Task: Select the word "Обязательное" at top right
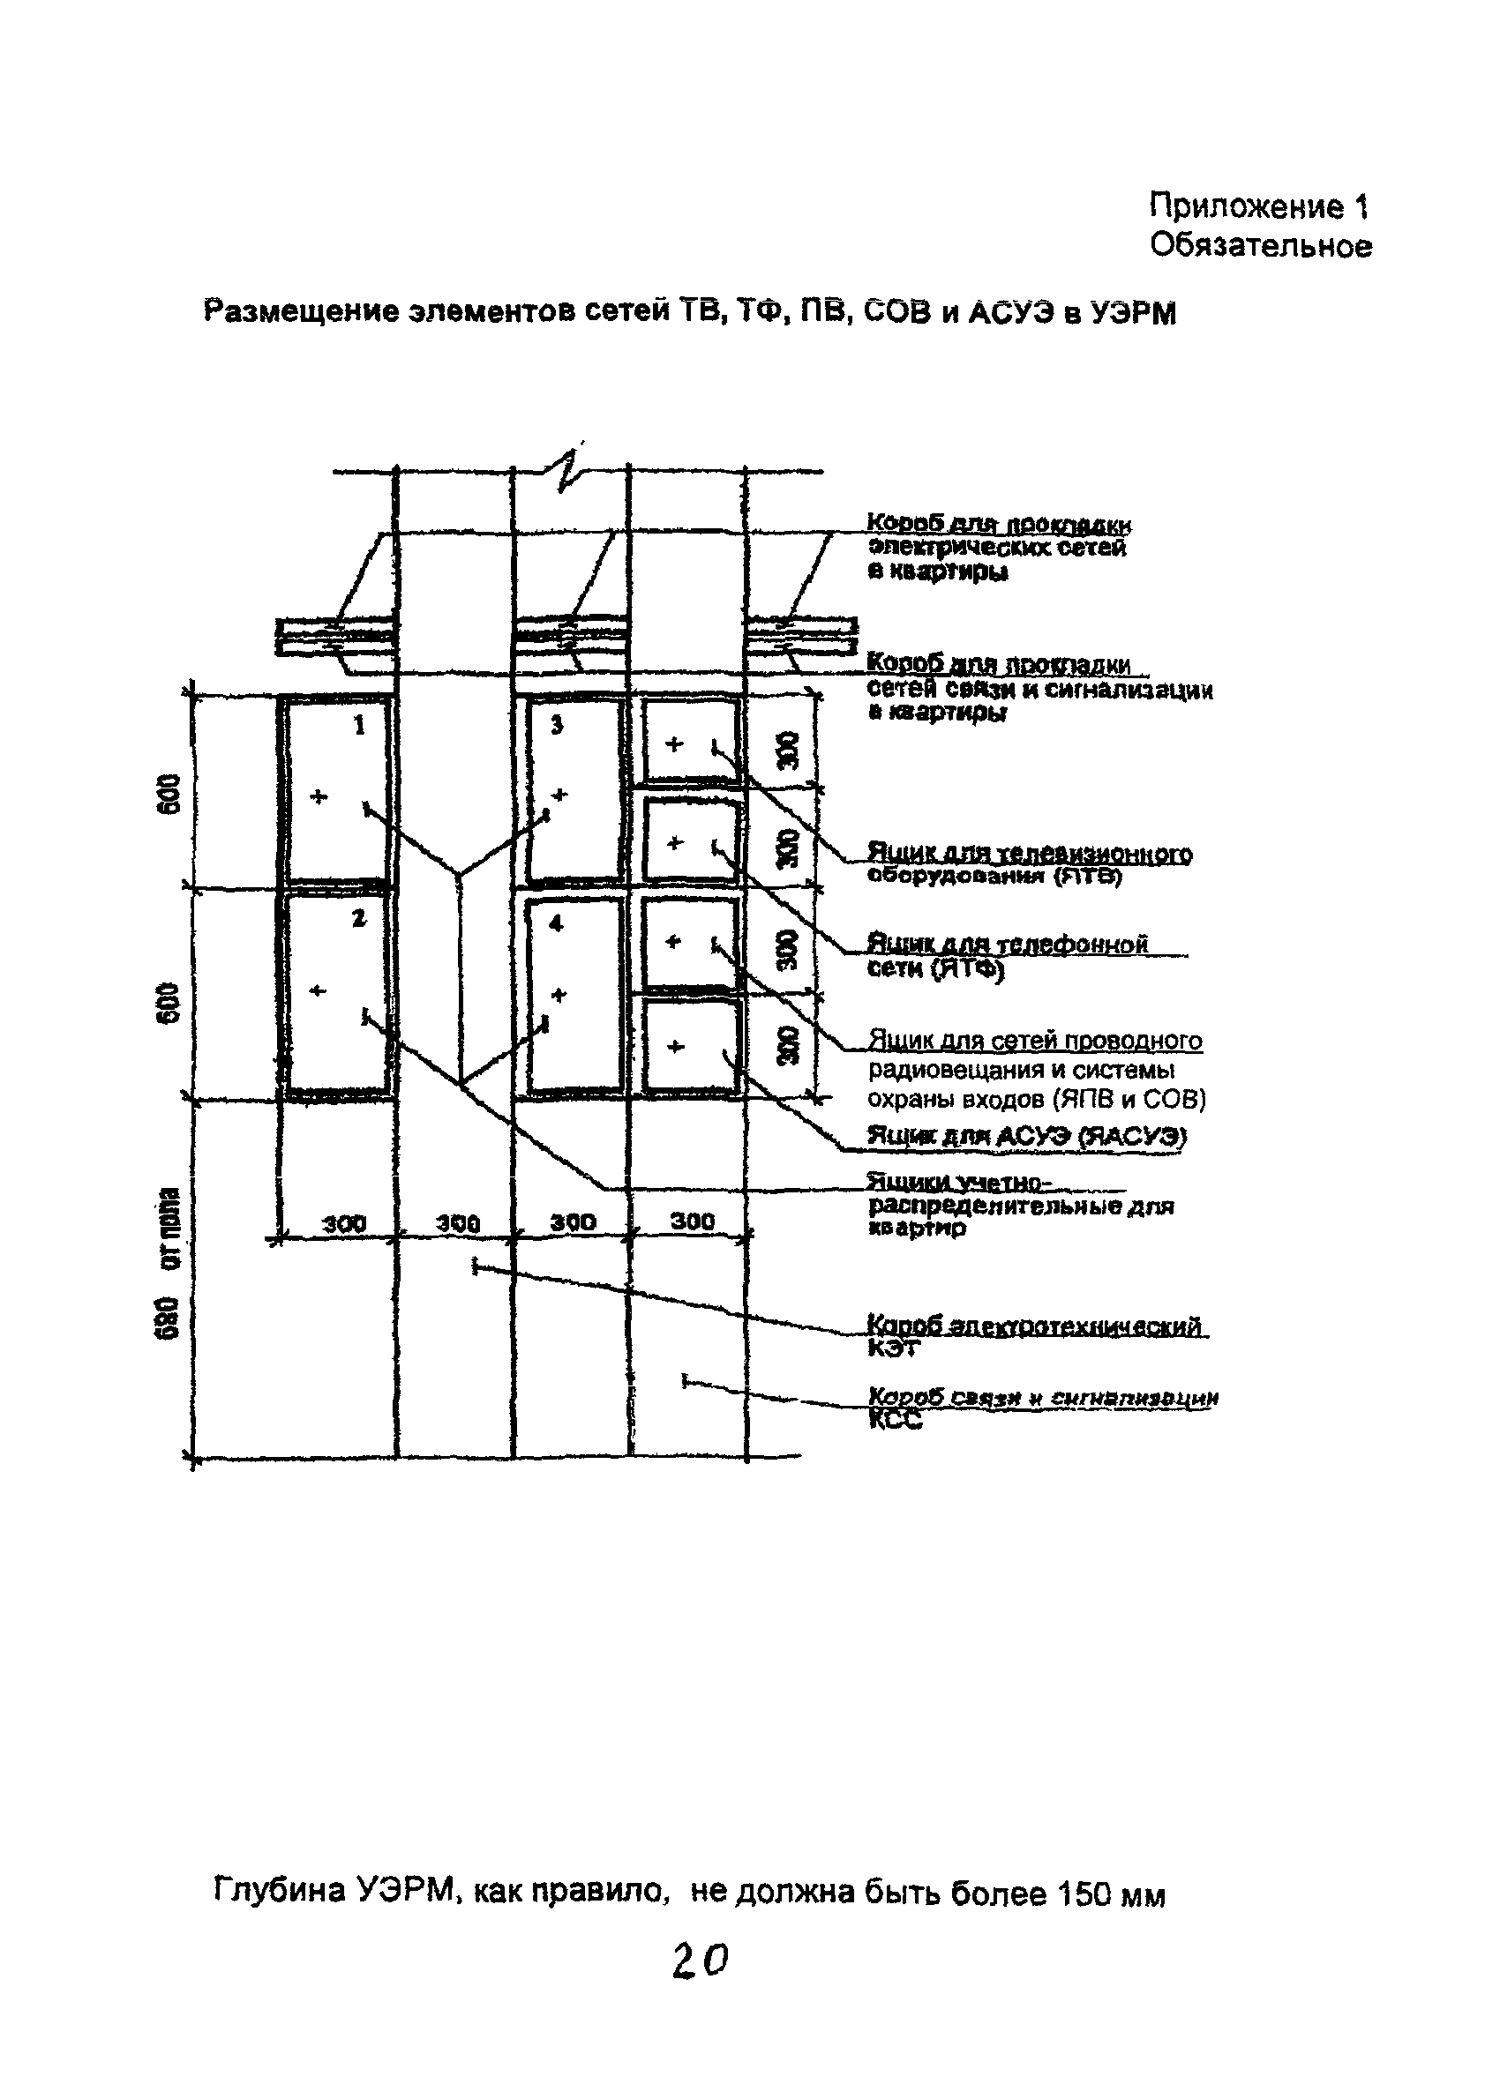[x=1260, y=245]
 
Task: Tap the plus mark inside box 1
[x=319, y=796]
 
